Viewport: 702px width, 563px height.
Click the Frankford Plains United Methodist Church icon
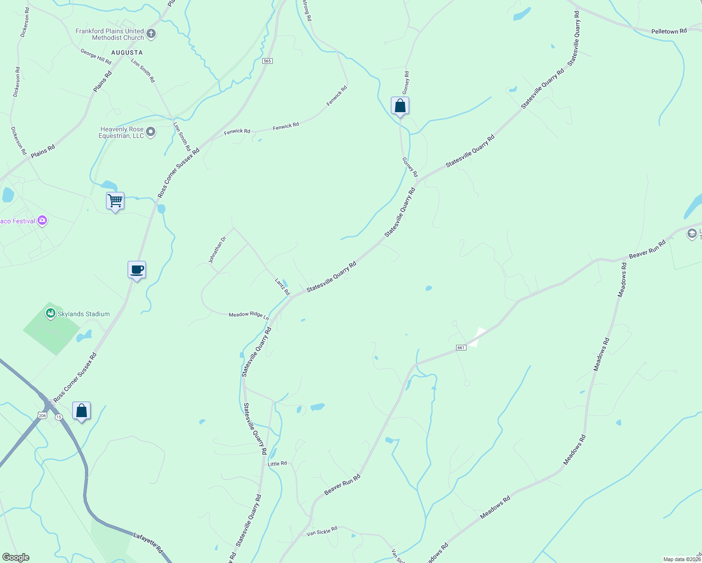[151, 33]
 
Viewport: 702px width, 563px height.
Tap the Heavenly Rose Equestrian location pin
[151, 132]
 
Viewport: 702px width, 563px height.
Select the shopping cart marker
[115, 201]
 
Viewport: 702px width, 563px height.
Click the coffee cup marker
[137, 270]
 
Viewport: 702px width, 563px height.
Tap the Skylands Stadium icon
[51, 313]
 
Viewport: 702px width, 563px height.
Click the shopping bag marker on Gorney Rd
[400, 106]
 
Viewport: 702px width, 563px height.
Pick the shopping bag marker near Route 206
[82, 411]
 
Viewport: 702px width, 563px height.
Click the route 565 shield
[267, 61]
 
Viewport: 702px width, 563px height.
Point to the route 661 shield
[461, 348]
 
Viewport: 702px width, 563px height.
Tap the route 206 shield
[43, 416]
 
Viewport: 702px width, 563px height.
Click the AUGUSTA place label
[127, 53]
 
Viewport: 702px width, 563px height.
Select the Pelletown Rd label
[669, 31]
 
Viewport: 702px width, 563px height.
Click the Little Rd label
[277, 464]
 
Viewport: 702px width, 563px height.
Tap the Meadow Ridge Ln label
[248, 315]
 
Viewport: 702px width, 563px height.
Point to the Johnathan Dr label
[217, 250]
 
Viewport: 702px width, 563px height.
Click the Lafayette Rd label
[147, 541]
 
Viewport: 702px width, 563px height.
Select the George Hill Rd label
[96, 57]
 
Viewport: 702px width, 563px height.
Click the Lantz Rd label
[282, 287]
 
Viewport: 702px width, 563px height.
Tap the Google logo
[15, 557]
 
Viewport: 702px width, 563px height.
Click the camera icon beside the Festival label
[42, 221]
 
